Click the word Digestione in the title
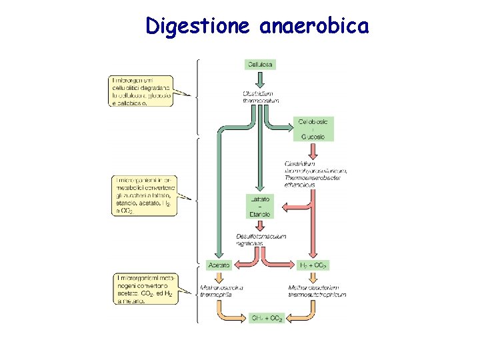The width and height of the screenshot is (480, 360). coord(197,26)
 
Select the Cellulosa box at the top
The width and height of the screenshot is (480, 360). coord(260,65)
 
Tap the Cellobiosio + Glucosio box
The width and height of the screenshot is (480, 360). coord(313,129)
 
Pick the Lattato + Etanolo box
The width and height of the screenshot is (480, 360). coord(260,206)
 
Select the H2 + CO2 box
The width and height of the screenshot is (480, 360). coord(314,265)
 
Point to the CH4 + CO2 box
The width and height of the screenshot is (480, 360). coord(267,317)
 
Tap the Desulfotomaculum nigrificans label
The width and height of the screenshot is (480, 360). coord(260,240)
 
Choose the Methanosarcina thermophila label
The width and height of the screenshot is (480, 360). coord(222,291)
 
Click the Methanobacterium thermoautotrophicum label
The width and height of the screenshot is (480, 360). coord(317,291)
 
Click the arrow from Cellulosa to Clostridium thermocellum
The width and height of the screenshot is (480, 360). coord(260,79)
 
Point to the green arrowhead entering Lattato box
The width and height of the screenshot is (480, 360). coord(259,189)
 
